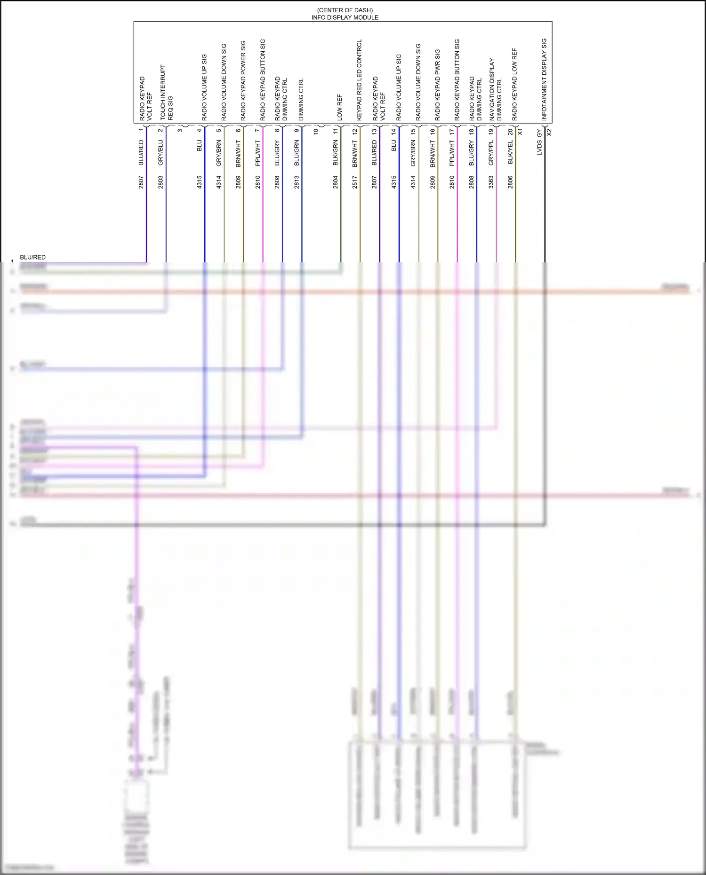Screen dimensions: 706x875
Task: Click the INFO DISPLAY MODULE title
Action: (345, 17)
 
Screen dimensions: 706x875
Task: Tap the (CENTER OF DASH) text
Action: (345, 10)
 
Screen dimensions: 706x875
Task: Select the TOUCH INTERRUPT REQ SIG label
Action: (167, 92)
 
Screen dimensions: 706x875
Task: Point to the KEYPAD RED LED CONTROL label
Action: (360, 80)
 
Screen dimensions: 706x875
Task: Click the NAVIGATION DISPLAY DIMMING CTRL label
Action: (495, 89)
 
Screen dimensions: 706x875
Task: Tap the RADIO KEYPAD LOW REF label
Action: (514, 84)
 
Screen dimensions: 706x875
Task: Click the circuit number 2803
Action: (160, 182)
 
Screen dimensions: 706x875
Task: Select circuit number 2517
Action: (355, 182)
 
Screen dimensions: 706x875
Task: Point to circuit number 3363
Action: (491, 182)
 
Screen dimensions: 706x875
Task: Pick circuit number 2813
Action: (297, 182)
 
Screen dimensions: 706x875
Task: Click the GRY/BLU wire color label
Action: (160, 152)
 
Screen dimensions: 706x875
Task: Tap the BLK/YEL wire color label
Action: (510, 152)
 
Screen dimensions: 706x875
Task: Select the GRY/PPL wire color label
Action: (491, 152)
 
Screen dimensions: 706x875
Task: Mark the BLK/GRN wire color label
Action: (336, 152)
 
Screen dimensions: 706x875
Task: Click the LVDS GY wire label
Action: (539, 142)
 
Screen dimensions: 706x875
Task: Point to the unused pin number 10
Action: (316, 131)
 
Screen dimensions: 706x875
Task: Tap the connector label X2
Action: (549, 132)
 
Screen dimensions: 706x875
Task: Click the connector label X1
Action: (520, 132)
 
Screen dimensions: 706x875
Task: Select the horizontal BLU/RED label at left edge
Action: (32, 257)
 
